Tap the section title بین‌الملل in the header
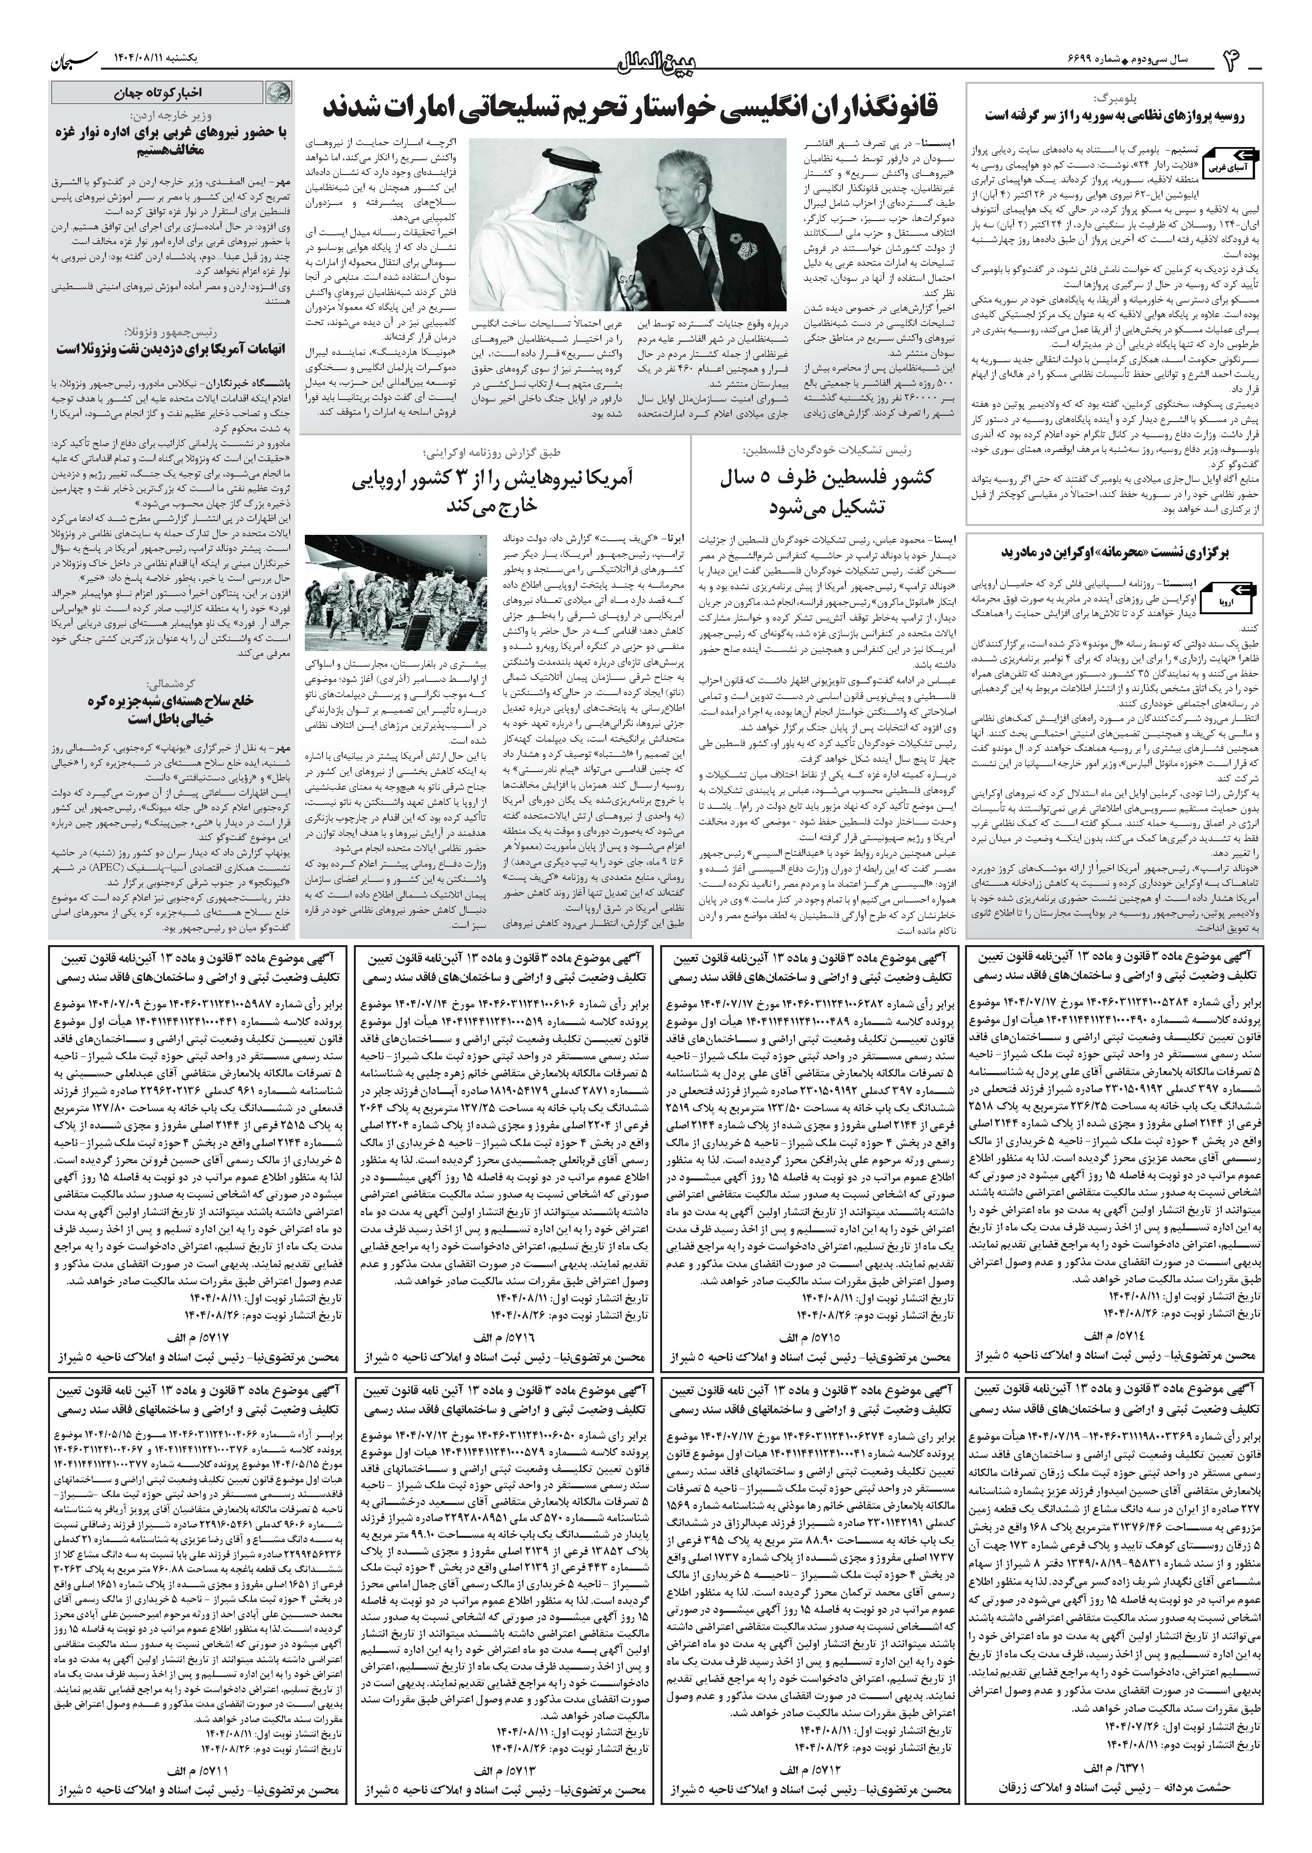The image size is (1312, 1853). point(656,61)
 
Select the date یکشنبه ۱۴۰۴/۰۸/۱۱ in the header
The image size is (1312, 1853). point(170,59)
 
